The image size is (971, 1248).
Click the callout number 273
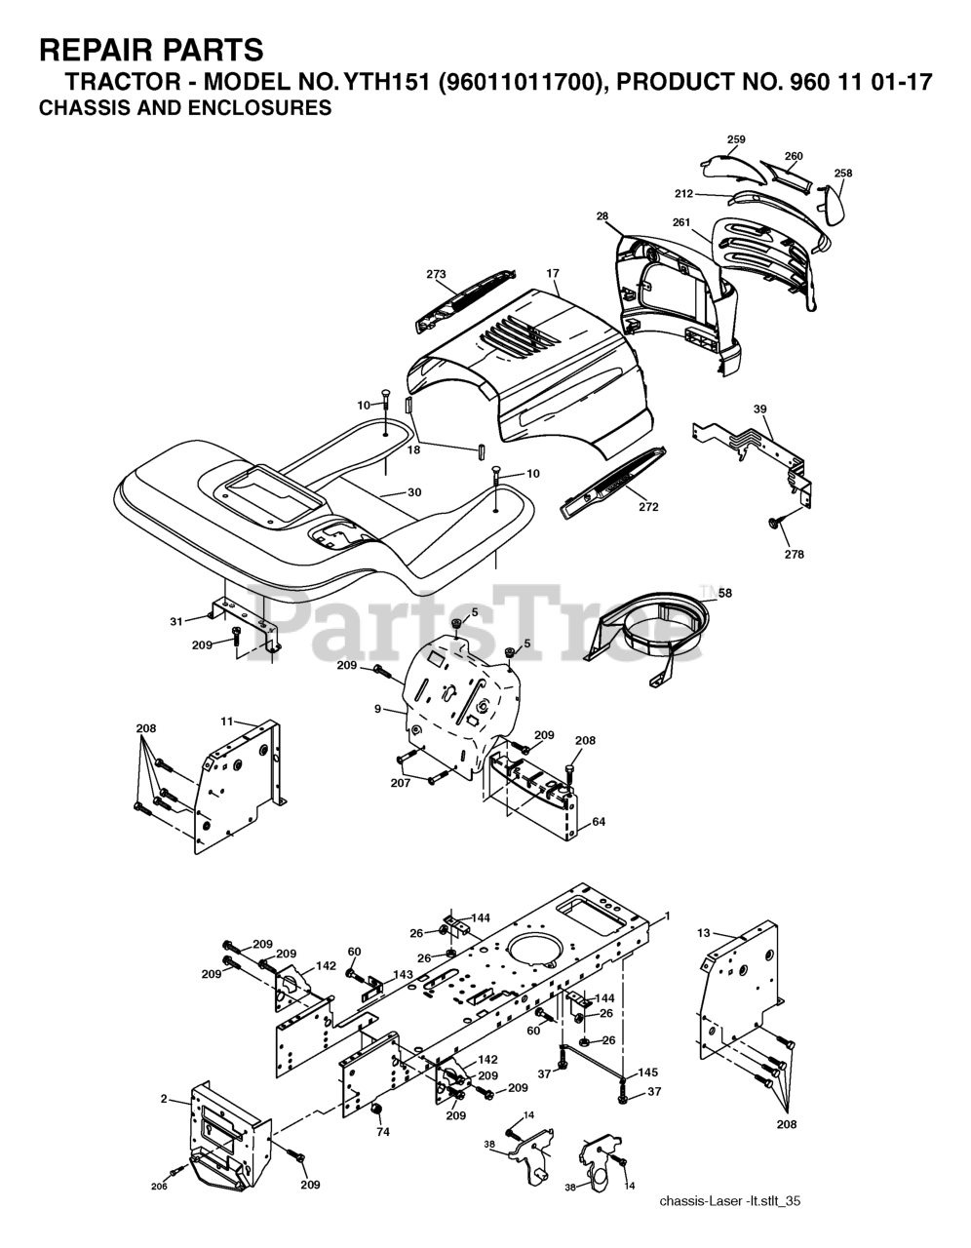tap(436, 275)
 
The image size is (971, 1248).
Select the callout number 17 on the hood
tap(553, 274)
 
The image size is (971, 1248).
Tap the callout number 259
tap(736, 139)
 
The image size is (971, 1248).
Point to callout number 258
tap(842, 174)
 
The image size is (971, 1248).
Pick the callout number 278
tap(794, 554)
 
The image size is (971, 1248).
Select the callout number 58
tap(724, 592)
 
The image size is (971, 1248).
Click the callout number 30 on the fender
tap(414, 492)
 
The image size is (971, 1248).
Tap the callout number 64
tap(598, 822)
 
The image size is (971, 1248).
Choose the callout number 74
tap(383, 1132)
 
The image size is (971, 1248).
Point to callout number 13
tap(703, 933)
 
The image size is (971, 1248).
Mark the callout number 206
tap(159, 1186)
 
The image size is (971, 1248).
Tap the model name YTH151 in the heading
tap(382, 83)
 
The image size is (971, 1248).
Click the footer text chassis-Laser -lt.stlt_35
tap(729, 1201)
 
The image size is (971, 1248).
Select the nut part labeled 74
tap(376, 1113)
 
